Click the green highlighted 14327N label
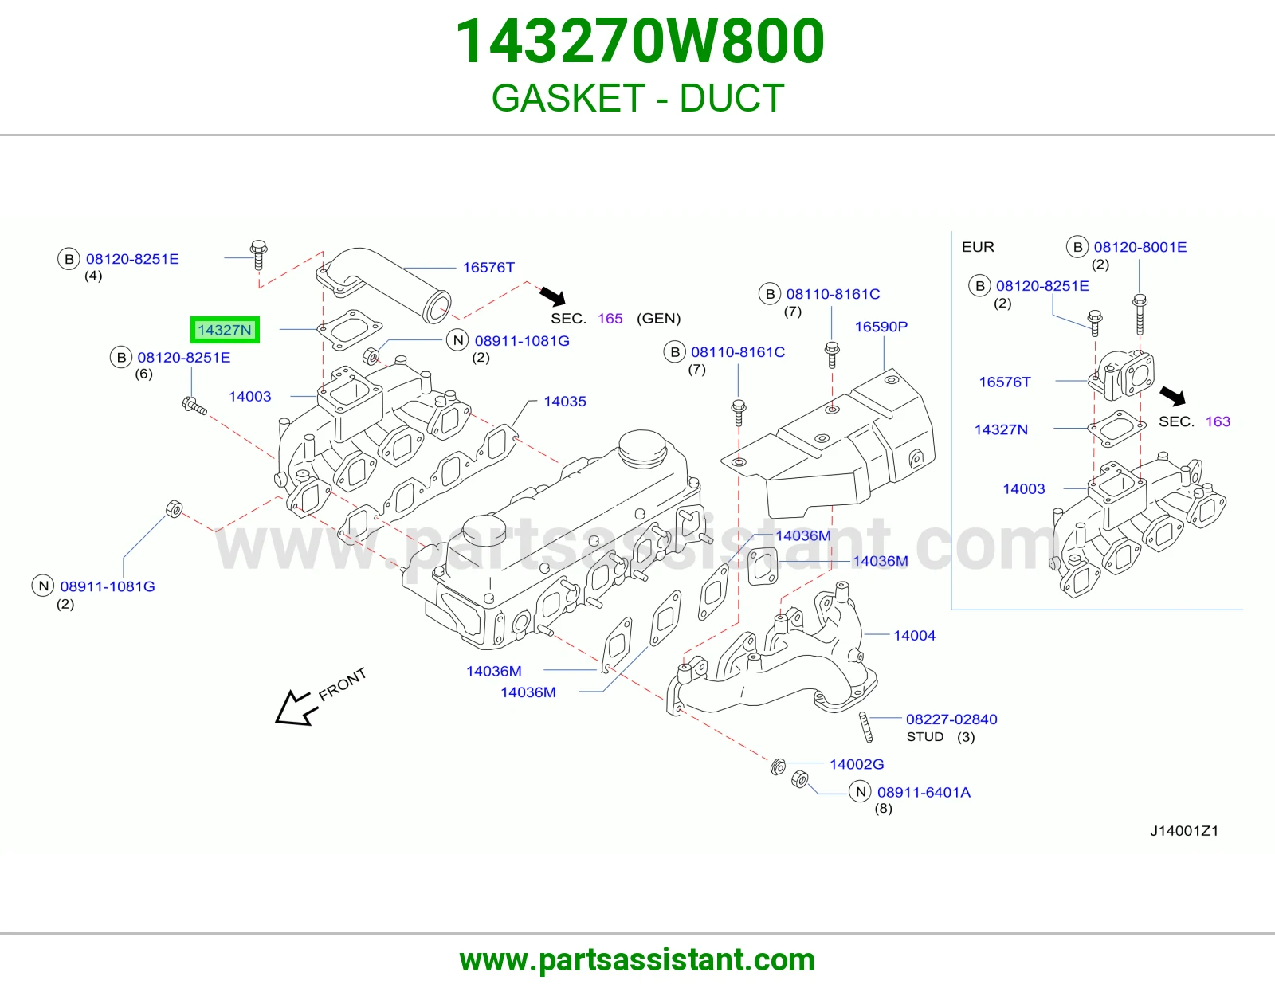(225, 330)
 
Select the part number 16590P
(881, 327)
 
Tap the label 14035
(564, 402)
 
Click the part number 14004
(914, 635)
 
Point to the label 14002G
(857, 764)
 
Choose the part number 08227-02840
(951, 719)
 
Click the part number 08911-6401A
(924, 792)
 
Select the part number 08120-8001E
(1140, 247)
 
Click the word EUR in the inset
(978, 247)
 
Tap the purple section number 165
(610, 319)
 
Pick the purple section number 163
(1218, 421)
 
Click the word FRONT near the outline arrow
(342, 684)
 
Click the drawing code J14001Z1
(1184, 831)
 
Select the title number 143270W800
(640, 41)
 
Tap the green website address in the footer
(637, 960)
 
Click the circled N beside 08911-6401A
(860, 792)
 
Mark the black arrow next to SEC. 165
(552, 296)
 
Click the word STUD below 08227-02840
(924, 737)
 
